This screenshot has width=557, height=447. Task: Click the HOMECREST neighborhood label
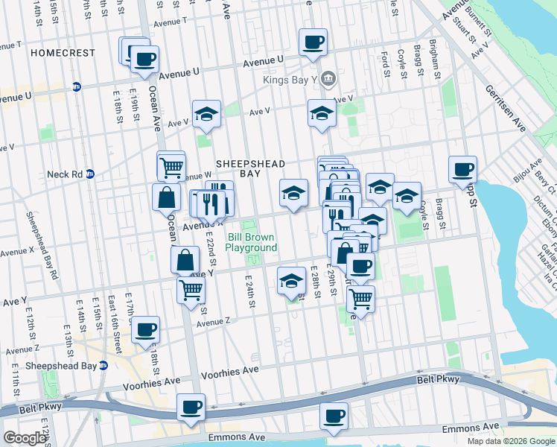(63, 53)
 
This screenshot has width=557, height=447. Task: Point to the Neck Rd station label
(63, 174)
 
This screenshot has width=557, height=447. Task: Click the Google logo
(25, 438)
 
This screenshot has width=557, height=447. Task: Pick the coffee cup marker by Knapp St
(462, 169)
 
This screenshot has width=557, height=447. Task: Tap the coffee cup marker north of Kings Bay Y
(313, 42)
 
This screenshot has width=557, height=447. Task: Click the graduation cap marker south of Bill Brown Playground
(291, 281)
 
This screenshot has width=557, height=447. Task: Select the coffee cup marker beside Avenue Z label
(146, 329)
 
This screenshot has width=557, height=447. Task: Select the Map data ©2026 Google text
(511, 441)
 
